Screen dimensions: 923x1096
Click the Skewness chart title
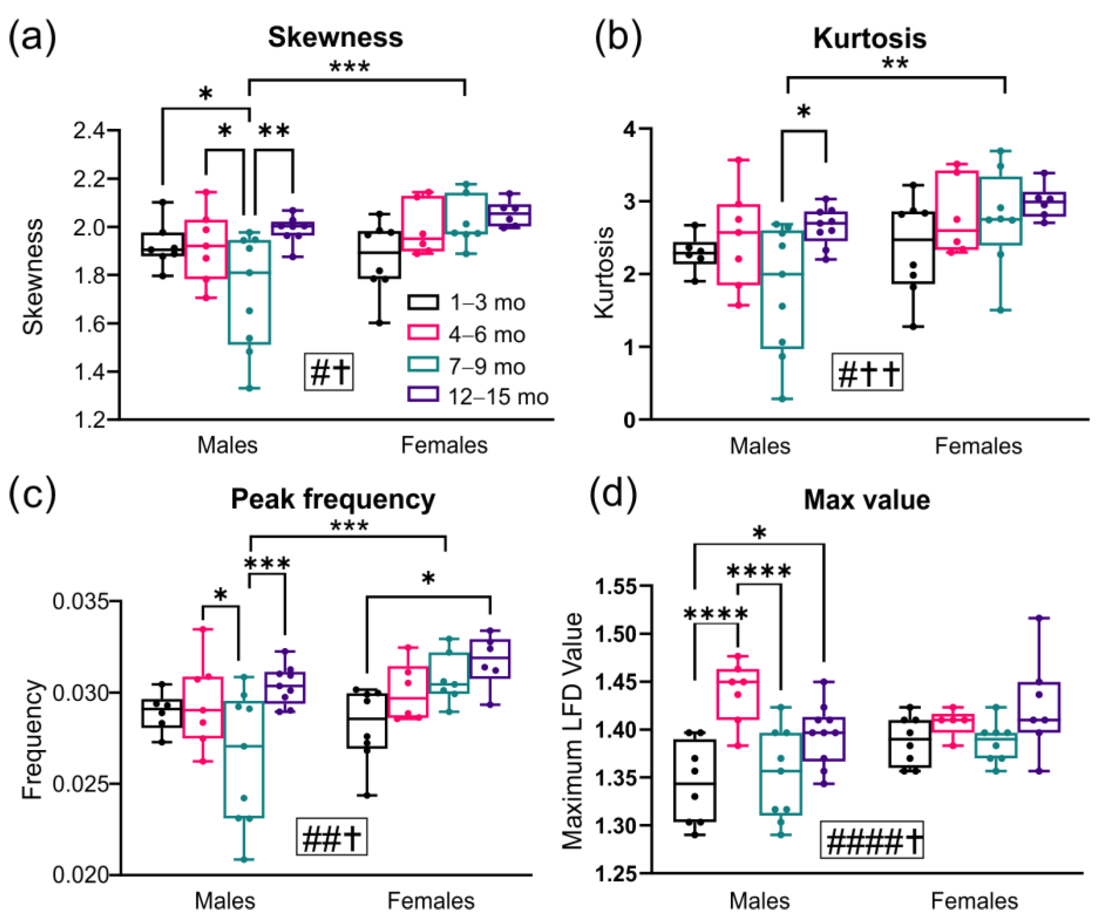336,37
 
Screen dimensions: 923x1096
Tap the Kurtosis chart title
869,38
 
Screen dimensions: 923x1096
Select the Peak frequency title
333,499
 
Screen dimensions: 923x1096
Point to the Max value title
867,500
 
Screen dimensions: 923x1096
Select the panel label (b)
618,37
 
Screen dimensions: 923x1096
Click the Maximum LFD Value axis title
573,731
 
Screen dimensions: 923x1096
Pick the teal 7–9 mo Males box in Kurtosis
782,289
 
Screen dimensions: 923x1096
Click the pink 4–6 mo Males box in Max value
738,694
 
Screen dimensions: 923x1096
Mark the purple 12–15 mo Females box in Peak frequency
490,659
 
